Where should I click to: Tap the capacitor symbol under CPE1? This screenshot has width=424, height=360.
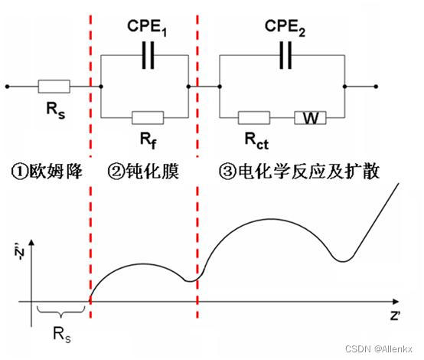point(145,54)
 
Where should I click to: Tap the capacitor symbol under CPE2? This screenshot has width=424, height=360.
point(285,54)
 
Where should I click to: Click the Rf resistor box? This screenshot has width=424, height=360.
point(147,117)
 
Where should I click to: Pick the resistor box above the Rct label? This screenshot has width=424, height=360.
point(253,117)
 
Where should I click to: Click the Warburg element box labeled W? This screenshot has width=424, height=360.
point(311,117)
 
